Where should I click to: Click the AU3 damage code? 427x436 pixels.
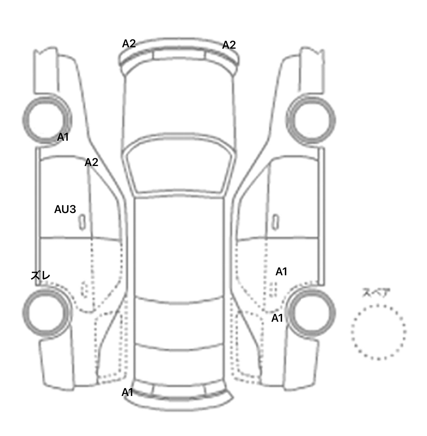click(x=65, y=209)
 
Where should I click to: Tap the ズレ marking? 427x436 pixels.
click(x=41, y=276)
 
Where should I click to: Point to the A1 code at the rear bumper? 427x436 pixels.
click(x=127, y=392)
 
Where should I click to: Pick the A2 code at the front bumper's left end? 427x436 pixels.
click(x=129, y=44)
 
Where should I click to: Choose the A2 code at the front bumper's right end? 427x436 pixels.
click(x=229, y=45)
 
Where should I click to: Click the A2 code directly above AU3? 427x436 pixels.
click(x=91, y=162)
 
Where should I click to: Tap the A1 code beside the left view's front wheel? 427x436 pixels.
click(x=63, y=137)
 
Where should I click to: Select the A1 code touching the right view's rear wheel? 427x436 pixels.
click(x=277, y=318)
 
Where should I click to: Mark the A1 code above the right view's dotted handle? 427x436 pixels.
click(x=281, y=272)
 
